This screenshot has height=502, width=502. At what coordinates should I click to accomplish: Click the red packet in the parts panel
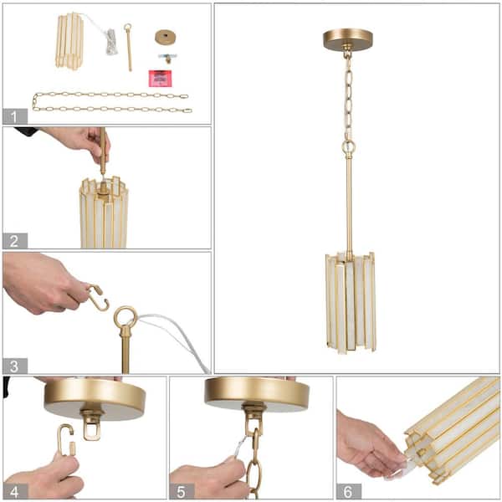[x=160, y=79]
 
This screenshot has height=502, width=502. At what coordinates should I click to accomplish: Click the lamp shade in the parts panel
[x=71, y=39]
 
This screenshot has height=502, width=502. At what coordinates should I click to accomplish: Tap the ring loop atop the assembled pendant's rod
[x=348, y=148]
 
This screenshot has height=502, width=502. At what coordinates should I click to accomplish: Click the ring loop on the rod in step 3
[x=125, y=318]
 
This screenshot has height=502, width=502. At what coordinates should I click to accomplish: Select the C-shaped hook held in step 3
[x=99, y=298]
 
